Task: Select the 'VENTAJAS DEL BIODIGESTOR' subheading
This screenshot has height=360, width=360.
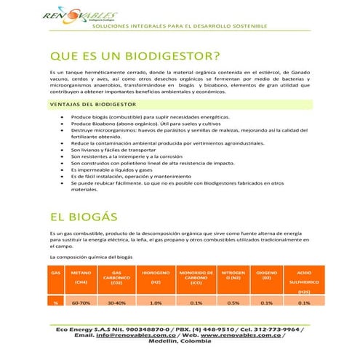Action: point(92,104)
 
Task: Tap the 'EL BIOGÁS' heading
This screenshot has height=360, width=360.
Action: point(84,217)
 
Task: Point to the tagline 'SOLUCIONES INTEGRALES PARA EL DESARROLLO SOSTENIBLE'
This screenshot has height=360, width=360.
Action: point(180,27)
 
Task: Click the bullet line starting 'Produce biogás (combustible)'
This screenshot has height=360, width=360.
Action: point(151,116)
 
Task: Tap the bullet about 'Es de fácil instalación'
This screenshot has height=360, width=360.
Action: point(141,176)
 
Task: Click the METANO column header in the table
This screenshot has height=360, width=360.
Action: point(81,277)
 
